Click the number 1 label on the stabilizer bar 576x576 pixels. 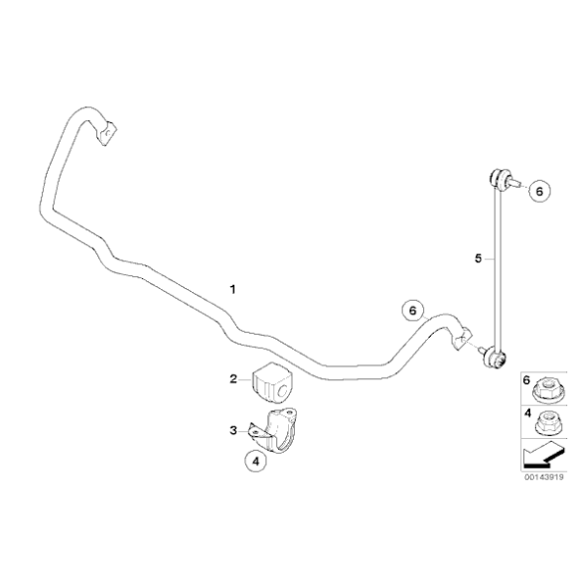pyautogui.click(x=232, y=290)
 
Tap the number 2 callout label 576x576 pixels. pyautogui.click(x=232, y=378)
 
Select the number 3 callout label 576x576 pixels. pyautogui.click(x=232, y=430)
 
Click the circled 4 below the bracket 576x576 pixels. pyautogui.click(x=256, y=460)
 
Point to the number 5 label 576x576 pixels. pyautogui.click(x=478, y=258)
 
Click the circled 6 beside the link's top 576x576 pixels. pyautogui.click(x=538, y=191)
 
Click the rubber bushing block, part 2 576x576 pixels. pyautogui.click(x=274, y=383)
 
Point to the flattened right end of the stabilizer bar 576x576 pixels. pyautogui.click(x=459, y=338)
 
